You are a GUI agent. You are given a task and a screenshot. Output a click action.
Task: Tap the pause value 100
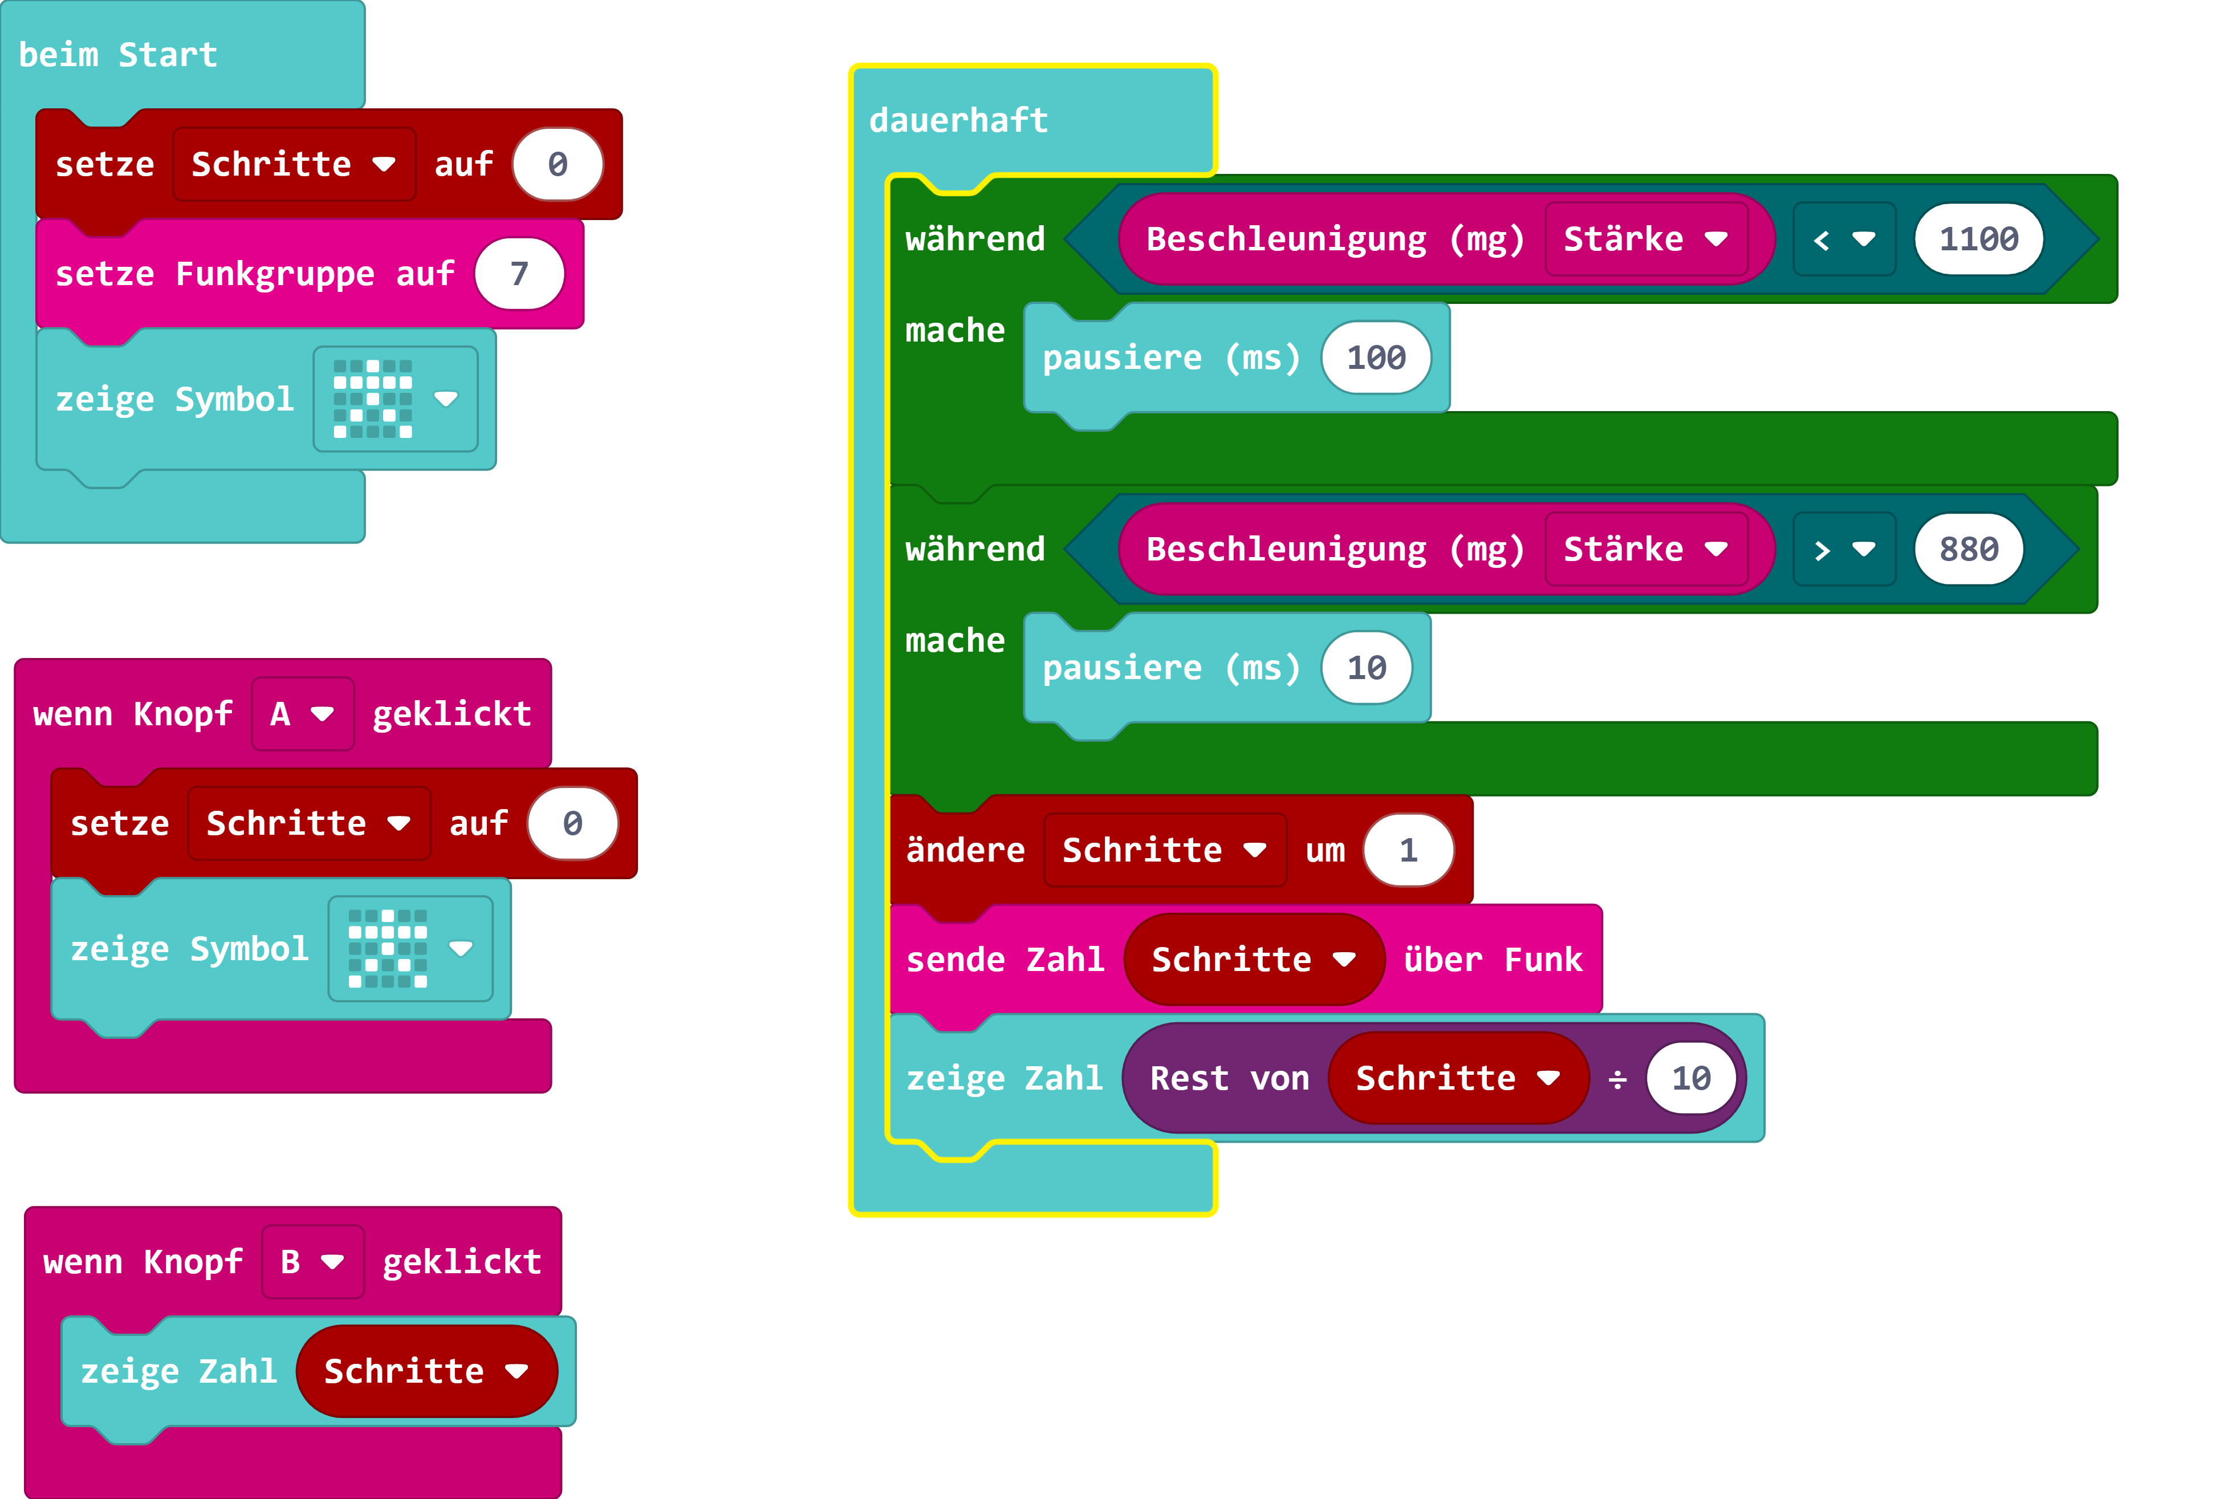pos(1376,358)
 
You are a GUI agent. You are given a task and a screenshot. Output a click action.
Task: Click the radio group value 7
pos(519,274)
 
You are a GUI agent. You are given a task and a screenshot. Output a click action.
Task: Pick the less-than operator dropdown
pos(1843,239)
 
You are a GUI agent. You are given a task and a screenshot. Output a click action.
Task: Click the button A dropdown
pos(302,714)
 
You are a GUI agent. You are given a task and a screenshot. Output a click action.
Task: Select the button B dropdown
pos(312,1262)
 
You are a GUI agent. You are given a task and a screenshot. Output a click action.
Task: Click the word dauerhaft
pos(958,120)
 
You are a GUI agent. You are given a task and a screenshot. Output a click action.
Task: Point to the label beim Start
pos(117,55)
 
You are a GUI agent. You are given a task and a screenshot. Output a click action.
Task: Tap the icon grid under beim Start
pos(373,399)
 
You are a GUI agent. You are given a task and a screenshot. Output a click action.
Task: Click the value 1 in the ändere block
pos(1407,850)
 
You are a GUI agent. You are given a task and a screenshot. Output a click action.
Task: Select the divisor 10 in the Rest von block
pos(1690,1078)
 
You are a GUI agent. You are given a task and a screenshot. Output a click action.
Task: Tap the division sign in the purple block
pos(1616,1079)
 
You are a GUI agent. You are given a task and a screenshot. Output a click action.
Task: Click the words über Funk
pos(1492,960)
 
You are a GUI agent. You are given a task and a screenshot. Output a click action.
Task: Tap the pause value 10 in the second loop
pos(1366,667)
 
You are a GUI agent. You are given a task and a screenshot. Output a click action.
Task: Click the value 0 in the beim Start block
pos(558,164)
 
